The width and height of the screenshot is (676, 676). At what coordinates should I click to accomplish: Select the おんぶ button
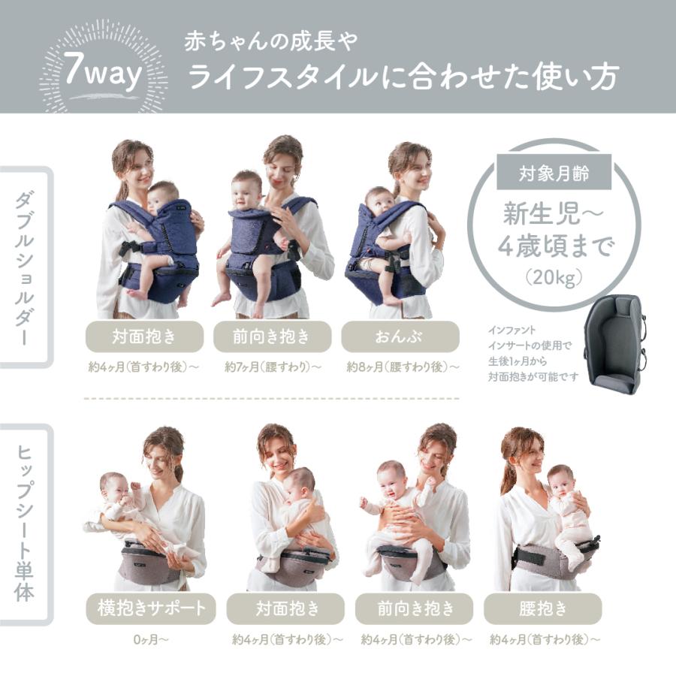click(x=400, y=336)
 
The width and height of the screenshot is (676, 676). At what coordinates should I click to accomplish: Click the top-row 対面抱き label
click(x=144, y=336)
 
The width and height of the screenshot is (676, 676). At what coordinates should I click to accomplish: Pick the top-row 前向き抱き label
click(x=272, y=336)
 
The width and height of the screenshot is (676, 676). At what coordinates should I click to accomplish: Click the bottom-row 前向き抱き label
click(x=414, y=608)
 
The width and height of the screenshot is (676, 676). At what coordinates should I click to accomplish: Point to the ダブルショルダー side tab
click(x=24, y=266)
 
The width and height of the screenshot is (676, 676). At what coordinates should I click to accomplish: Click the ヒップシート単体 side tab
click(x=24, y=524)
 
